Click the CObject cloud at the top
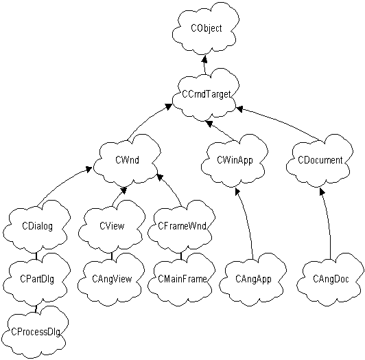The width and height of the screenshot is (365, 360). (x=206, y=29)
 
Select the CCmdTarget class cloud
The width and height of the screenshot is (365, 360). (x=206, y=95)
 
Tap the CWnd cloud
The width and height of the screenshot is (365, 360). (x=127, y=160)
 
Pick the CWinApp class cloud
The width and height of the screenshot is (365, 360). (x=235, y=160)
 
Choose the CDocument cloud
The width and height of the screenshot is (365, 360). (x=320, y=160)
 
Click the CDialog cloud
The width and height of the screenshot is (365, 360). (x=37, y=226)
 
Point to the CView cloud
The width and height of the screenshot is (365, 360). (x=112, y=226)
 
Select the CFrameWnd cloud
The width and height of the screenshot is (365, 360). (x=182, y=226)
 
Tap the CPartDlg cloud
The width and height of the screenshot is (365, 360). (x=37, y=279)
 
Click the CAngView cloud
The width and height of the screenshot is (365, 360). (x=112, y=279)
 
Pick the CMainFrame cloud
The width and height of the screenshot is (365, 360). (x=182, y=279)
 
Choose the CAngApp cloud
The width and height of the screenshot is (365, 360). (x=253, y=279)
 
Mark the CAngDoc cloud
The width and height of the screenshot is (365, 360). (x=331, y=279)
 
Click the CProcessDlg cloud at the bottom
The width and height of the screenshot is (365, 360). (x=35, y=332)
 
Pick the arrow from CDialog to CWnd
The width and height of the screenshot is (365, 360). (x=61, y=184)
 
